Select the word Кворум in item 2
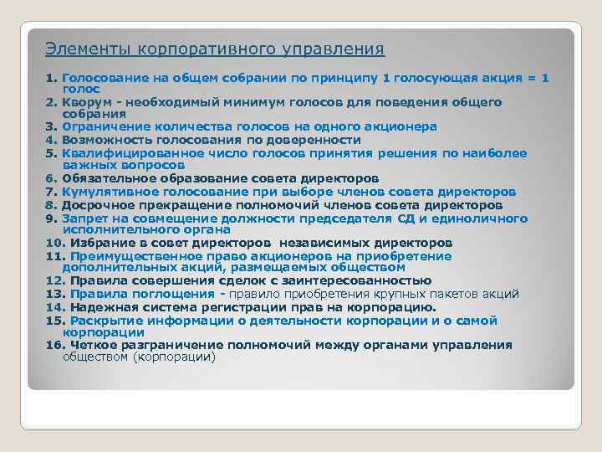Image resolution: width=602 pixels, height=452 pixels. tap(85, 102)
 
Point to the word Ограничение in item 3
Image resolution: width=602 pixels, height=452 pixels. tap(101, 127)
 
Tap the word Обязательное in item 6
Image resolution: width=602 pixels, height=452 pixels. tap(105, 178)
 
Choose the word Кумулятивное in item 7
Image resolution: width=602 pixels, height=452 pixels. tap(105, 192)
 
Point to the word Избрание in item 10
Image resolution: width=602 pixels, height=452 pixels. tap(98, 243)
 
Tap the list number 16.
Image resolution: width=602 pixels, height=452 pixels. tap(54, 345)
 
